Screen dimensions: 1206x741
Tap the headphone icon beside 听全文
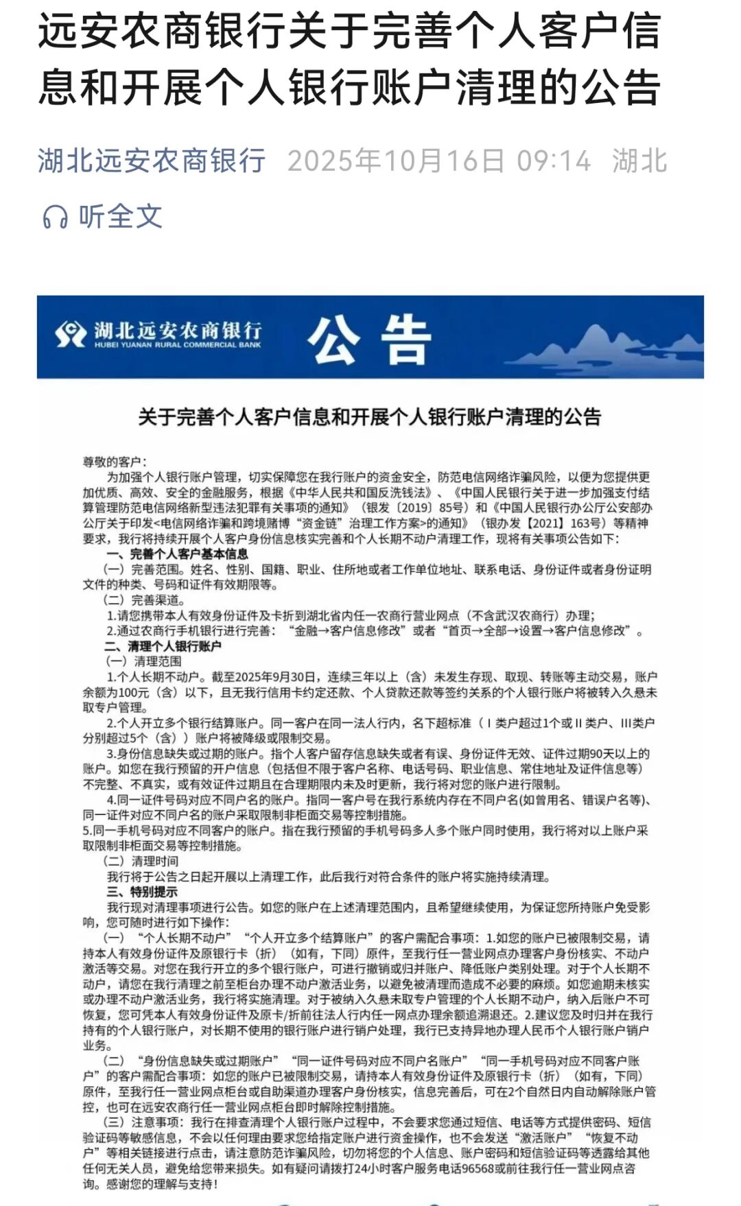click(56, 217)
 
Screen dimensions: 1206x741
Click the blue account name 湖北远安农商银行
click(152, 161)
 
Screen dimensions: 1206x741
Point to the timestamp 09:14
click(553, 161)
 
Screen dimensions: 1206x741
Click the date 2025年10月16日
click(396, 161)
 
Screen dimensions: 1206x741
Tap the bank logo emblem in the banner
click(71, 335)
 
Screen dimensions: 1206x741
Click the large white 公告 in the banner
click(368, 339)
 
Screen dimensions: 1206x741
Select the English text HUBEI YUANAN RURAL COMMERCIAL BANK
click(178, 345)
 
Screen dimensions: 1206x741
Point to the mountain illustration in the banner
click(604, 346)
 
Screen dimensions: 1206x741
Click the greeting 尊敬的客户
click(114, 462)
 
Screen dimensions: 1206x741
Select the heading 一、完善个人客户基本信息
click(177, 554)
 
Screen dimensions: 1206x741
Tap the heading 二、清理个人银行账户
click(163, 646)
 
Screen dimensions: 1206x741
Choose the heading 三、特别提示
click(142, 892)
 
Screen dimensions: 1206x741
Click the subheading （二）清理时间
click(141, 861)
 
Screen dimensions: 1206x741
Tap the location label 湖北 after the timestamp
click(639, 161)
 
